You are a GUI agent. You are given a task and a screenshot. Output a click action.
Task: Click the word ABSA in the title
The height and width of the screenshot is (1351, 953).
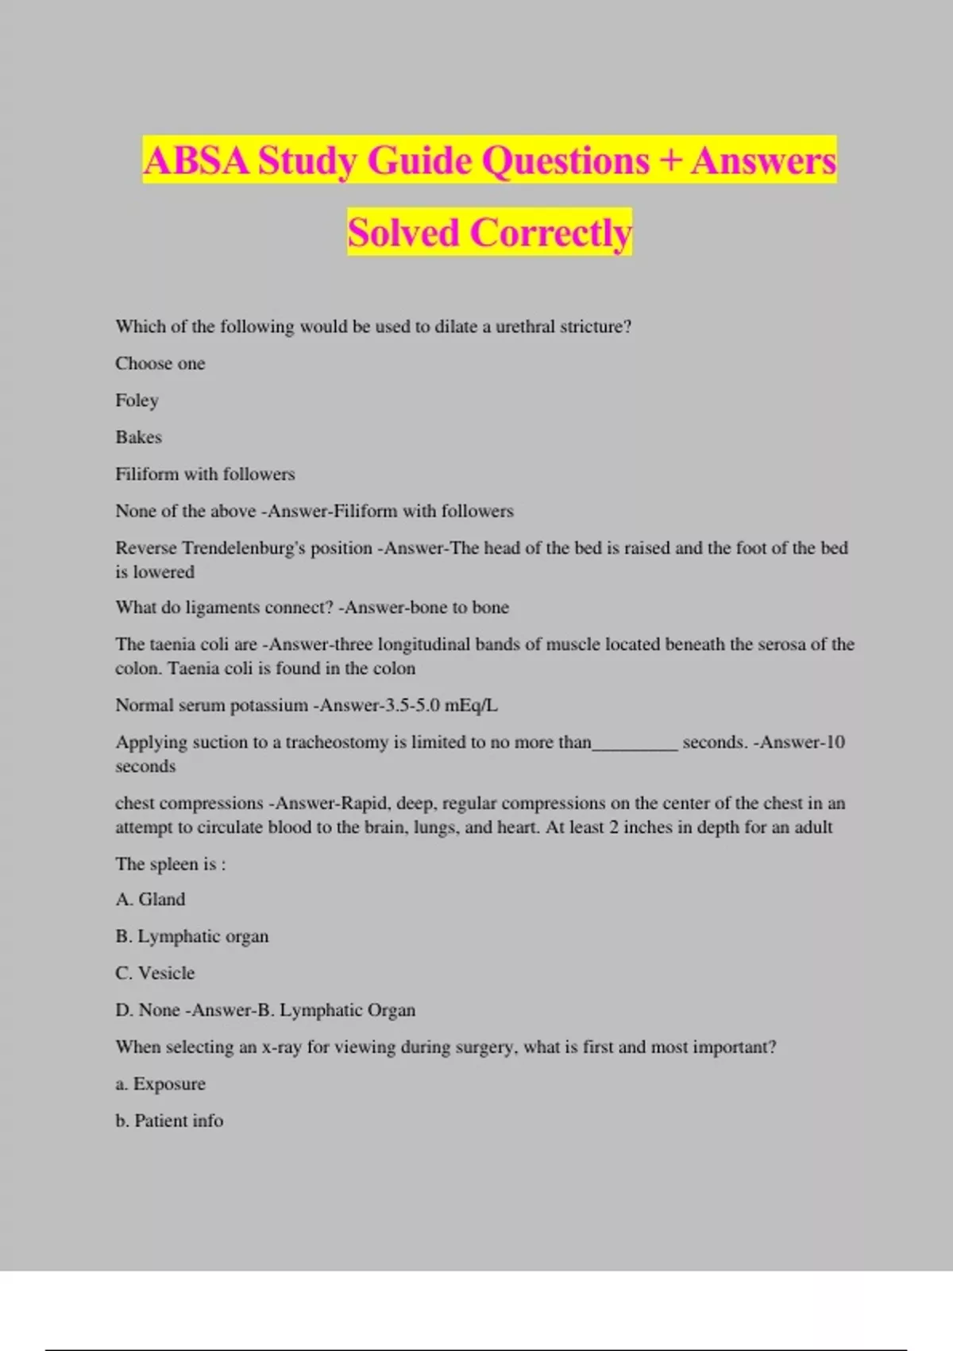pos(196,161)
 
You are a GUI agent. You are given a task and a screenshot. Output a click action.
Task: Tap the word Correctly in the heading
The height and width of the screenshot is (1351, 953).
pos(550,233)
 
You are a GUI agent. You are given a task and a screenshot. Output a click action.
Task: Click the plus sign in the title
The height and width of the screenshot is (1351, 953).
pos(670,161)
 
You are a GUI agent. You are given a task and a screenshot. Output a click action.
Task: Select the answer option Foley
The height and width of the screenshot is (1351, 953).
pos(137,401)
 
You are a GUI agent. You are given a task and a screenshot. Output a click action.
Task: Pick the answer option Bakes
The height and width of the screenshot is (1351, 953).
pos(138,437)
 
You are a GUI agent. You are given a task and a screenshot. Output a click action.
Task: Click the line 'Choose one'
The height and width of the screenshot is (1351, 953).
pos(160,364)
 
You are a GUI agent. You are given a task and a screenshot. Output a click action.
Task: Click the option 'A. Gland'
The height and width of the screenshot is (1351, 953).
pos(150,900)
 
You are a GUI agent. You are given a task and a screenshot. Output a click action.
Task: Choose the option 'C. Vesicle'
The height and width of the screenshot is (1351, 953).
pos(155,974)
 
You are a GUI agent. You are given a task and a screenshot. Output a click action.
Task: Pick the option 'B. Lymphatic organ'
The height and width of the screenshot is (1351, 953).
pos(191,937)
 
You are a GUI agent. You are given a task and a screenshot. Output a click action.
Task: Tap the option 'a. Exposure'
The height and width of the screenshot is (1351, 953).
pos(160,1084)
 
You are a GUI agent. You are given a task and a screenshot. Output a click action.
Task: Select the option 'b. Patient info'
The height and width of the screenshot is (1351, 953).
pos(169,1121)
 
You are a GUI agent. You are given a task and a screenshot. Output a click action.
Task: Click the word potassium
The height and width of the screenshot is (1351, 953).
pos(268,706)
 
